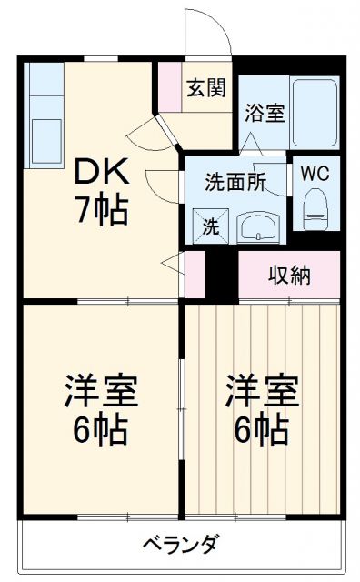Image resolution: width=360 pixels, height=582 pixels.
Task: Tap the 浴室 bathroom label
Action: pyautogui.click(x=264, y=114)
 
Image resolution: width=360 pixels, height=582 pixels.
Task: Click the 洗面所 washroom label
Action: pyautogui.click(x=235, y=181)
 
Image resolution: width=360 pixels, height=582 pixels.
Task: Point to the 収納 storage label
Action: pyautogui.click(x=288, y=275)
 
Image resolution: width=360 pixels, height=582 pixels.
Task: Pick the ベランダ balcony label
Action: pyautogui.click(x=180, y=545)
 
